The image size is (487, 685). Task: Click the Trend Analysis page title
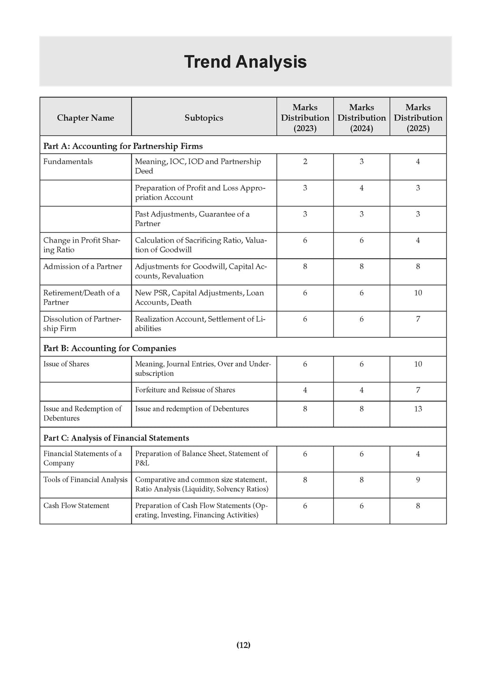[x=245, y=62]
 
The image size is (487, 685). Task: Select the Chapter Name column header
[x=86, y=118]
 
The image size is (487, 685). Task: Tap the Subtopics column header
[x=204, y=118]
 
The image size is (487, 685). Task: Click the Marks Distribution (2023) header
[x=305, y=118]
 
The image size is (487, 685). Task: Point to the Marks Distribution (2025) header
[x=418, y=118]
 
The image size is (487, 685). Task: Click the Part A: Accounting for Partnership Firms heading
[x=123, y=146]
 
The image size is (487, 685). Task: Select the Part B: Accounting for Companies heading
[x=109, y=348]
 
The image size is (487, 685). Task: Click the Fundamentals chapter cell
[x=68, y=162]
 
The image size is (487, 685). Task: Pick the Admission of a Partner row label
[x=83, y=266]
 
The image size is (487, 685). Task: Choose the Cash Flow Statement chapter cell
[x=76, y=506]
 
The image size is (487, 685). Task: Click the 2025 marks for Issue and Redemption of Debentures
[x=418, y=409]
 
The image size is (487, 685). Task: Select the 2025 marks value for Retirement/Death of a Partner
[x=418, y=293]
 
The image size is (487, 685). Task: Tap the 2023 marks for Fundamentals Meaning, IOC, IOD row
[x=305, y=162]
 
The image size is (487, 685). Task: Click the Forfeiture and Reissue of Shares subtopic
[x=185, y=390]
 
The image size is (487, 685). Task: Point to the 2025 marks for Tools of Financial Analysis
[x=418, y=480]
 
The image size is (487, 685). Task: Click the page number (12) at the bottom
[x=243, y=645]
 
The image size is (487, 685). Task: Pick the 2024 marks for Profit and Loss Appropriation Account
[x=361, y=188]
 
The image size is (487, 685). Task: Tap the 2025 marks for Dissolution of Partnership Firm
[x=418, y=319]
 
